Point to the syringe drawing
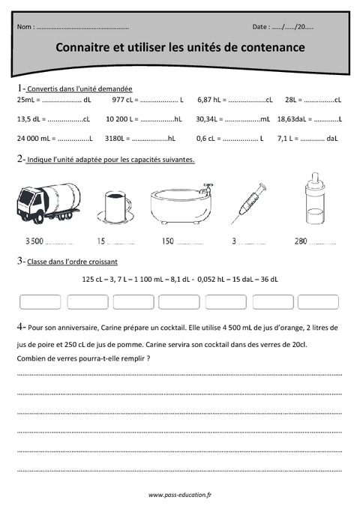coord(247,203)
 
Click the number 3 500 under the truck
coord(34,241)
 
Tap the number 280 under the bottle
coord(301,241)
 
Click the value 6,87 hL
coord(211,99)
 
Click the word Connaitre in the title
coord(82,47)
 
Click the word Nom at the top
coord(24,27)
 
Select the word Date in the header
coord(262,27)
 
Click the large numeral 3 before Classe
coord(19,260)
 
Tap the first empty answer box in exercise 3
coord(40,302)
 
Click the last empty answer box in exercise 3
coord(318,302)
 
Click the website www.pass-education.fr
coord(180,495)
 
